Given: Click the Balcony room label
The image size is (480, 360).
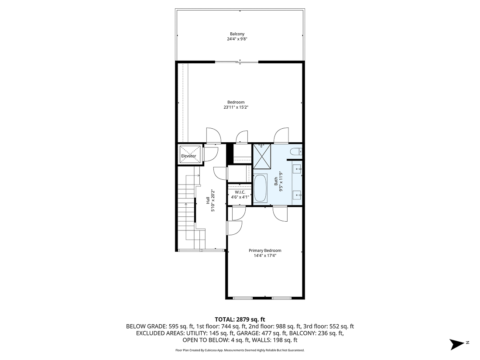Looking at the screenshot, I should tap(237, 34).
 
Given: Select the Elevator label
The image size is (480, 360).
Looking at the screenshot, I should tap(189, 156).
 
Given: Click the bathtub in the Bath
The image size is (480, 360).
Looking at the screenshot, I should tap(260, 188).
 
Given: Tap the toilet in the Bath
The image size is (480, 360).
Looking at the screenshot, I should tap(295, 152).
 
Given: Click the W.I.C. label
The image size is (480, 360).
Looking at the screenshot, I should tap(240, 192).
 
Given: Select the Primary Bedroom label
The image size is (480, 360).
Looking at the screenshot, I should tap(265, 250).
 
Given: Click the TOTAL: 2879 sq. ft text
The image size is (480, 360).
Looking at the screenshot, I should tap(240, 319).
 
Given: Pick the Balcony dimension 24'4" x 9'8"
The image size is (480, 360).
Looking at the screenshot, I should tap(237, 39).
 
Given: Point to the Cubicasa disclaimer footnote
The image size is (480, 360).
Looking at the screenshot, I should tap(240, 350).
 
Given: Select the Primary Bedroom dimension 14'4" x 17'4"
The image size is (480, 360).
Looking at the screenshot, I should tap(265, 256).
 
